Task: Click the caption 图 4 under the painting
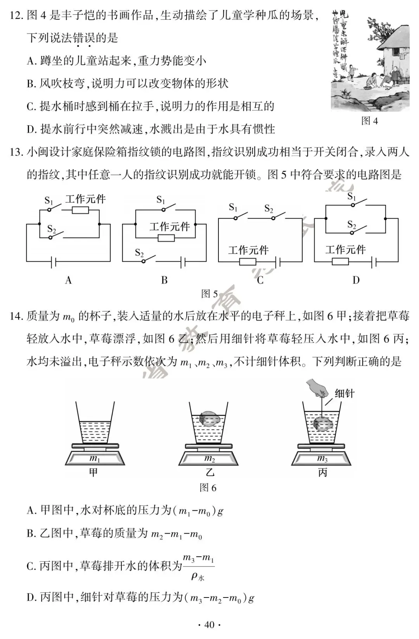[369, 121]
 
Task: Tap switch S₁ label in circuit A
[48, 200]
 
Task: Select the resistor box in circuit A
[80, 210]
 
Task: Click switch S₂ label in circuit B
[139, 253]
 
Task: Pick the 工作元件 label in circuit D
[345, 249]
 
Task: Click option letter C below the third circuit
[260, 280]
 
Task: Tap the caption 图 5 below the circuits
[209, 294]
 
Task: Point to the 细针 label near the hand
[345, 394]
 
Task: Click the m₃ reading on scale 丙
[322, 459]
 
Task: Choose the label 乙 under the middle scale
[209, 472]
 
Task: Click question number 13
[16, 152]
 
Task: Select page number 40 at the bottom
[209, 625]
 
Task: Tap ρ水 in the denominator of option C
[198, 576]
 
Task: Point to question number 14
[16, 316]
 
